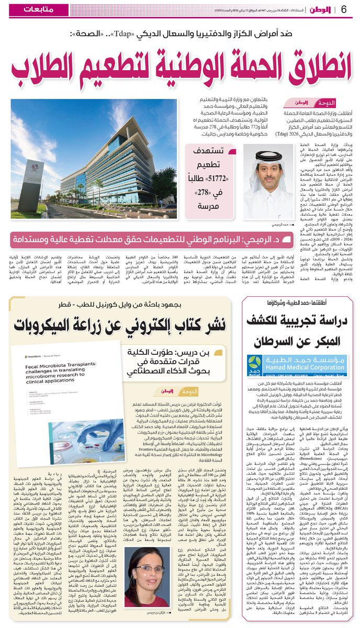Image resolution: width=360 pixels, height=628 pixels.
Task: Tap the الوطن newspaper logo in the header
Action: pos(320,10)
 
